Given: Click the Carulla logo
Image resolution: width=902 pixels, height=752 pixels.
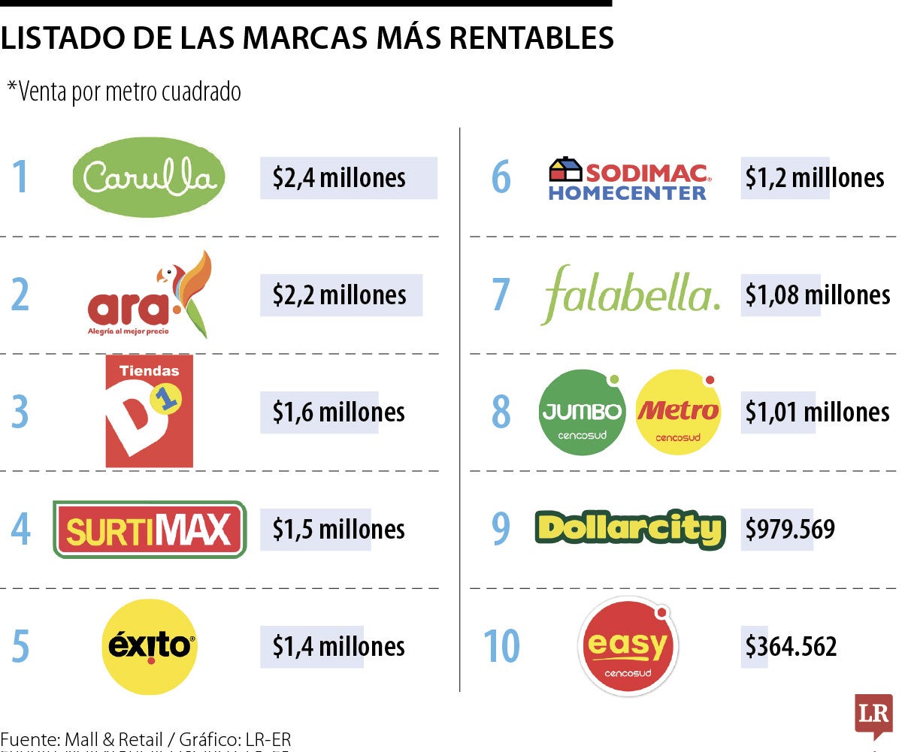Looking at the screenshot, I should click(x=148, y=178).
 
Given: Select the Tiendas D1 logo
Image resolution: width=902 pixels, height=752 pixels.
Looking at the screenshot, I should click(x=149, y=411).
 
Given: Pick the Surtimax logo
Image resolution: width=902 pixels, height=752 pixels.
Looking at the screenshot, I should click(x=150, y=530).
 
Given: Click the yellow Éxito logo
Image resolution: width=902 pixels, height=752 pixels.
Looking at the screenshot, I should click(x=149, y=647).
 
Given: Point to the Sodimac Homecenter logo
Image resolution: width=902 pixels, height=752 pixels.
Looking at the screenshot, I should click(x=628, y=178).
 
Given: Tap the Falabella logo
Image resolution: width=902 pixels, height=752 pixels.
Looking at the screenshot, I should click(x=630, y=294).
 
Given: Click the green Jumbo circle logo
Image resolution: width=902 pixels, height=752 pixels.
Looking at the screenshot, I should click(x=583, y=412).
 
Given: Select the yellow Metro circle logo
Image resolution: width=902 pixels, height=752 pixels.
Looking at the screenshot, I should click(x=677, y=412).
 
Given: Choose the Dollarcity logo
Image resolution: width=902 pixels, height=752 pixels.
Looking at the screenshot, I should click(x=630, y=530).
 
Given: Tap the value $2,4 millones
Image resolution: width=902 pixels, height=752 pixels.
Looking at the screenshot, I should click(x=339, y=178).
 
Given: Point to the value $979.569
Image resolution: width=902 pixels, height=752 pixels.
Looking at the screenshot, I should click(x=790, y=530).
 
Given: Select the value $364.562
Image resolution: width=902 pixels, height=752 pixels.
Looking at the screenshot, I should click(x=791, y=647).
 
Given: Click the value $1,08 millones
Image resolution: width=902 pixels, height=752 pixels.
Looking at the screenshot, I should click(x=818, y=295).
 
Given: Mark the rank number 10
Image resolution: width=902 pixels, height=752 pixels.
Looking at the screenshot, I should click(x=501, y=646).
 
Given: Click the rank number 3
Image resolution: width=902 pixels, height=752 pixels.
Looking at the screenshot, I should click(x=20, y=412).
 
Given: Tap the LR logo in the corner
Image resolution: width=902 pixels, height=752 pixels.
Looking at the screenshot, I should click(x=873, y=714).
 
